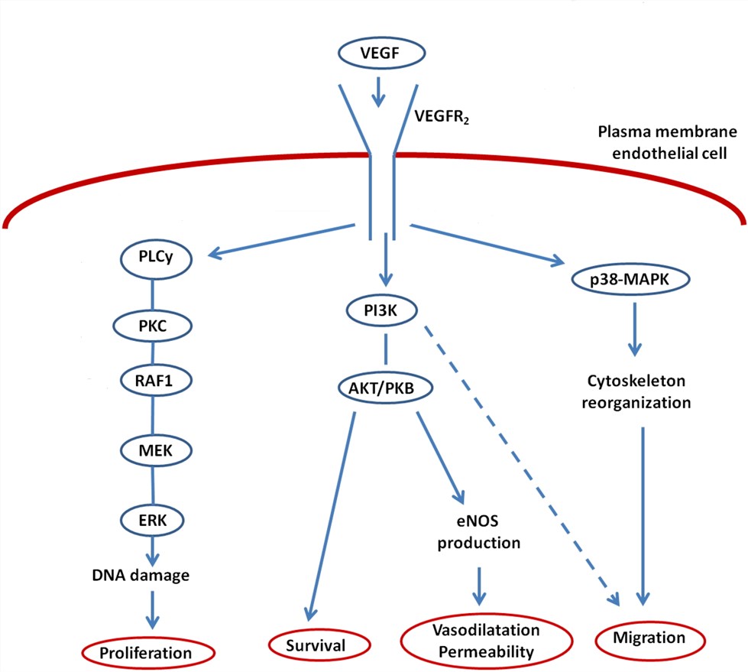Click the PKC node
pos(154,325)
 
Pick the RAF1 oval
pos(154,378)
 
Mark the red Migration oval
pos(649,637)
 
